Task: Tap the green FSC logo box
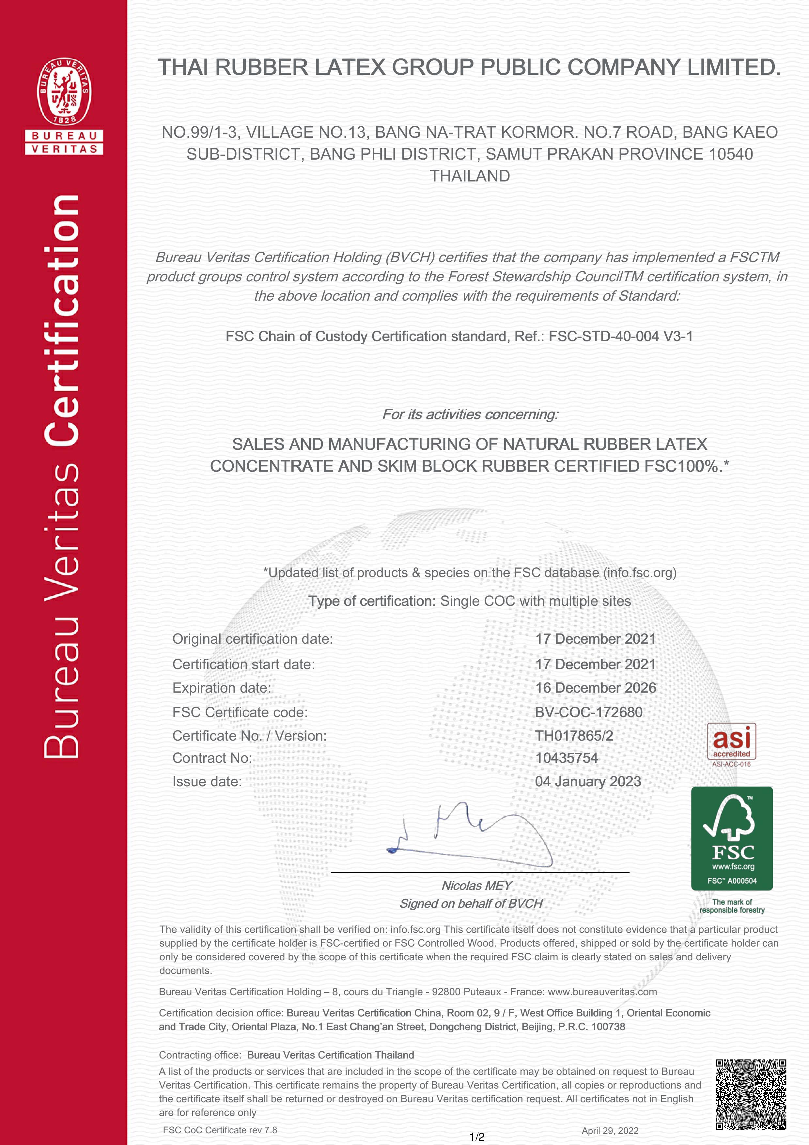point(731,838)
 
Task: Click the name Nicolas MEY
point(476,885)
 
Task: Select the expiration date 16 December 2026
point(595,688)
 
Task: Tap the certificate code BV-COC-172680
point(589,712)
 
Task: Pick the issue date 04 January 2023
point(588,781)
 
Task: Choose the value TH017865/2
point(574,736)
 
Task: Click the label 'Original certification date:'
point(252,639)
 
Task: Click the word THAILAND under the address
point(470,176)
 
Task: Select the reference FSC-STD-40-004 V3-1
point(621,337)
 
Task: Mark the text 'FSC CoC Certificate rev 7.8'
point(220,1130)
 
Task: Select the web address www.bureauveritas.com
point(602,991)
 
